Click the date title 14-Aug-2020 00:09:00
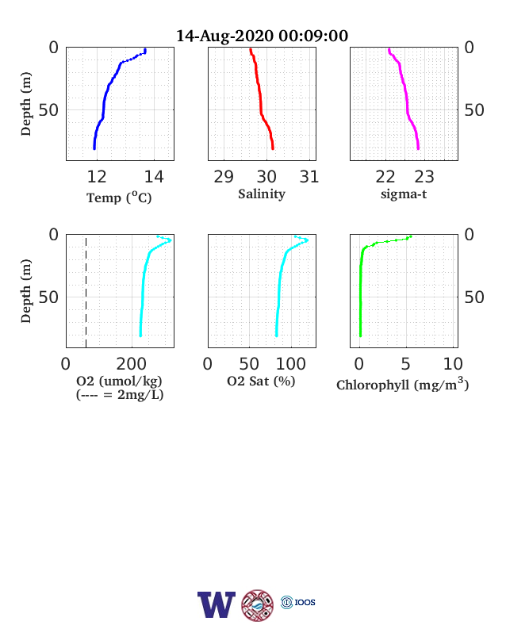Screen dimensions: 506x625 [x=263, y=36]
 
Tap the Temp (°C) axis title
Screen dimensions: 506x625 [x=119, y=197]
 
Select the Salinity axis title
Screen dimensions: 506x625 [x=262, y=194]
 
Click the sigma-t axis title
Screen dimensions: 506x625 [x=404, y=194]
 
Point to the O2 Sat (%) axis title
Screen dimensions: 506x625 [x=261, y=382]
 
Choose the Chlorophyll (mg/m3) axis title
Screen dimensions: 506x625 [x=402, y=384]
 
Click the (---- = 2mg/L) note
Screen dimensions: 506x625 [x=120, y=395]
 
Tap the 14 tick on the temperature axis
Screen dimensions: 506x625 [x=154, y=177]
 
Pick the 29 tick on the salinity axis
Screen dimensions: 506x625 [x=224, y=177]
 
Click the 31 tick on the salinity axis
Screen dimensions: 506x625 [x=309, y=177]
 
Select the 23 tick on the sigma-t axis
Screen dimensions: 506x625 [x=424, y=177]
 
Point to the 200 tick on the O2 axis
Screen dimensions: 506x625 [x=132, y=364]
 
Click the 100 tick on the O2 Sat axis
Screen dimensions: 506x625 [x=291, y=364]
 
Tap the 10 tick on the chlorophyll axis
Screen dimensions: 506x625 [x=453, y=364]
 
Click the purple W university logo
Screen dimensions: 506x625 [x=217, y=604]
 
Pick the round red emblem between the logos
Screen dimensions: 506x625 [x=258, y=605]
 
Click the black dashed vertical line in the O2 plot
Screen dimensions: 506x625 [x=86, y=293]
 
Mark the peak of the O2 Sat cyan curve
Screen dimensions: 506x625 [x=307, y=240]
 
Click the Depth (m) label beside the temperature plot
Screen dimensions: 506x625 [x=26, y=104]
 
